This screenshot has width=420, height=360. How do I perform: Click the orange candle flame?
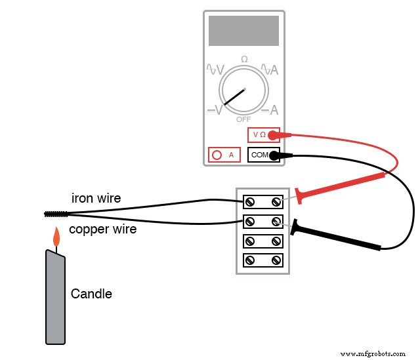56,235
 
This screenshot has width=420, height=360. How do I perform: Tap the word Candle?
91,294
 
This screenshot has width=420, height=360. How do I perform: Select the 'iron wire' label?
96,198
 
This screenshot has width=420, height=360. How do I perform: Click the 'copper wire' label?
102,229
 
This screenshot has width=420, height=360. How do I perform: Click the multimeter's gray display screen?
243,31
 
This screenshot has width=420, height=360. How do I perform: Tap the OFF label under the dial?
243,119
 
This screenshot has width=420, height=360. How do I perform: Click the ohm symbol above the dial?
244,59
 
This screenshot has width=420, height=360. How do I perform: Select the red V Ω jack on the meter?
263,135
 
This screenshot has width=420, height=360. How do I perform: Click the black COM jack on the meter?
263,155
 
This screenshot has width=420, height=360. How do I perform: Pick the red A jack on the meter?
224,155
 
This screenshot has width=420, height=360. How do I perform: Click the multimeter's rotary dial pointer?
234,96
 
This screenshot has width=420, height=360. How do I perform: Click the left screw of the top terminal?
250,201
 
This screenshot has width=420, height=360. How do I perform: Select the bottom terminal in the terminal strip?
263,260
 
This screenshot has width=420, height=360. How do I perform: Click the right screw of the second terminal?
276,221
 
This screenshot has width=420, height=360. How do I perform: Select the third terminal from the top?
263,241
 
